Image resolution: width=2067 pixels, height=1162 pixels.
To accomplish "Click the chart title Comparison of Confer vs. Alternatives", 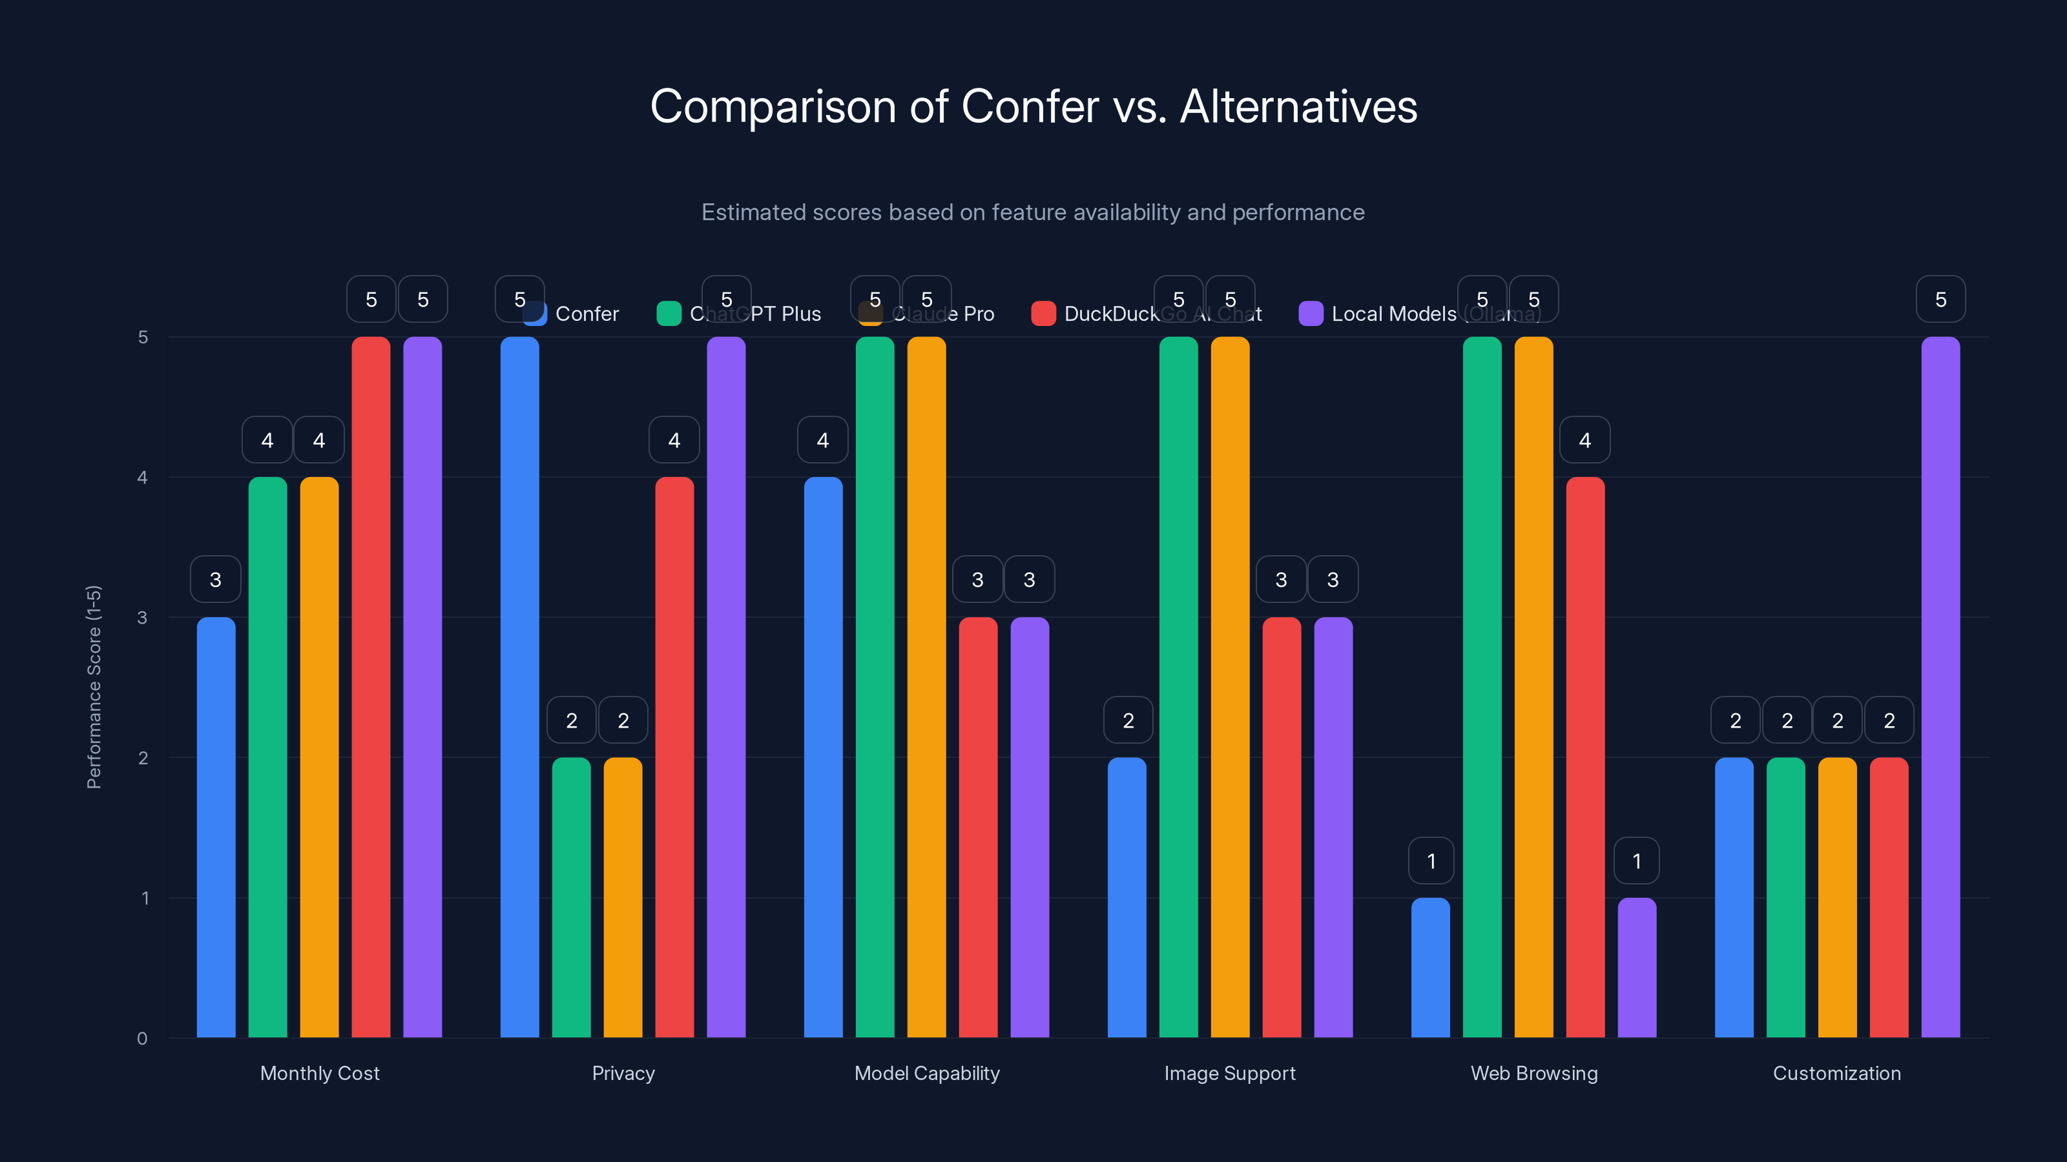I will (x=1033, y=107).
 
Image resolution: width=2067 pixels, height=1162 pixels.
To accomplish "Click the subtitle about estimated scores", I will (x=1033, y=212).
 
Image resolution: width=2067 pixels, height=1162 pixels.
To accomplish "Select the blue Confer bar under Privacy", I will (x=520, y=686).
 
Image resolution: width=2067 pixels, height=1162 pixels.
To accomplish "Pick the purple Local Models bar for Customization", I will (x=1940, y=686).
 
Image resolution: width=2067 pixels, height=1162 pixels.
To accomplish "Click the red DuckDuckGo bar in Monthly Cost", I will (x=371, y=686).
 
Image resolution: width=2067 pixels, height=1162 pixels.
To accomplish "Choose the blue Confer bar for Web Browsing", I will (x=1431, y=967).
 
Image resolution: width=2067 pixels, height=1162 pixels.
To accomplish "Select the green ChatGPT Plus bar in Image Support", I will (x=1178, y=686).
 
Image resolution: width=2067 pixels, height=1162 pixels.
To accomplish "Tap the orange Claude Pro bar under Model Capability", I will (x=926, y=686).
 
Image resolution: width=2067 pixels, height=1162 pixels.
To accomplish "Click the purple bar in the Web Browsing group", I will (x=1637, y=967).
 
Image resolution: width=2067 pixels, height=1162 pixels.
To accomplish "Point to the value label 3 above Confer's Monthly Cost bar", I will (x=215, y=580).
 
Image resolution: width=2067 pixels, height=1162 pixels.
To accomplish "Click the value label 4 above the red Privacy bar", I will (x=674, y=440).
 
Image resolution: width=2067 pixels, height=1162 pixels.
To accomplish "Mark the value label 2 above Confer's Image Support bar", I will (x=1128, y=721).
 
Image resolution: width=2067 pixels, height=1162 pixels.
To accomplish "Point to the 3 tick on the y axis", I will (x=143, y=618).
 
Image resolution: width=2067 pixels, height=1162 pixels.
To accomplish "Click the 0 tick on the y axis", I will (x=143, y=1039).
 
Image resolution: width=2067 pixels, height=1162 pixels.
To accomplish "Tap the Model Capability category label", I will (x=927, y=1073).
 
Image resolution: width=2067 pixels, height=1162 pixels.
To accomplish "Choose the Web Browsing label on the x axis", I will (x=1533, y=1073).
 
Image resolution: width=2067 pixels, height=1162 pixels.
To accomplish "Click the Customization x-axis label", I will (x=1836, y=1073).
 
